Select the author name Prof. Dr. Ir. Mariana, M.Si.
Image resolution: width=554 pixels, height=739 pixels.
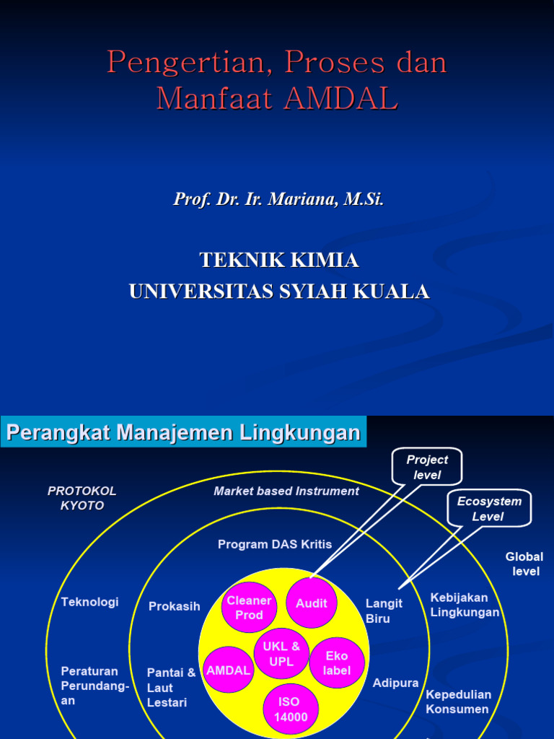point(278,199)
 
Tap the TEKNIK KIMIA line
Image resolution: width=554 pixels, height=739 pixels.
point(278,260)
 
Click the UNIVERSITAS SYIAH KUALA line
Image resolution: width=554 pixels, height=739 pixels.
point(278,292)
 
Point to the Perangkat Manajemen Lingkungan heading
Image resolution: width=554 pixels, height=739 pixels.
point(183,433)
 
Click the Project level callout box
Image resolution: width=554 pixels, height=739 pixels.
point(427,467)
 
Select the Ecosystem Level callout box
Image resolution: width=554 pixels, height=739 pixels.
point(488,509)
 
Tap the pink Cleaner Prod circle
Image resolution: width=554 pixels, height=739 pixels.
point(249,608)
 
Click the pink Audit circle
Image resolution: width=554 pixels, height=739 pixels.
point(312,603)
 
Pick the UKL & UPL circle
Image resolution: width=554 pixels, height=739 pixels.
point(281,654)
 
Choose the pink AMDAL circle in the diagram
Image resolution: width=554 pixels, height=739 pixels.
point(228,670)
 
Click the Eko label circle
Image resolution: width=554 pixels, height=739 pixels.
point(336,663)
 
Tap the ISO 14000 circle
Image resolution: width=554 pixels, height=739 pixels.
point(290,709)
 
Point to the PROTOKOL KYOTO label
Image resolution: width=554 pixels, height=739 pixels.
point(82,498)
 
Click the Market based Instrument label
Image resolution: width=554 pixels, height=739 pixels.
point(286,491)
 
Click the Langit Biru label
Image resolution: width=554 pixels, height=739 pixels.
point(384,611)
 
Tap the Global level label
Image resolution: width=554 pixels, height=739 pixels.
point(524,564)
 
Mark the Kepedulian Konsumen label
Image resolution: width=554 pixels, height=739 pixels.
point(458,701)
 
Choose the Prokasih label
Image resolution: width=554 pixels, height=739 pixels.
point(174,606)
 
